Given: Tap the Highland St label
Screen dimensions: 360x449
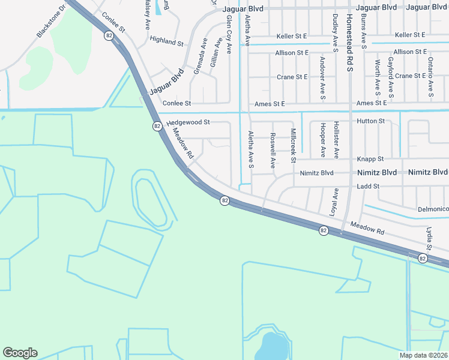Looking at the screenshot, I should pyautogui.click(x=166, y=43).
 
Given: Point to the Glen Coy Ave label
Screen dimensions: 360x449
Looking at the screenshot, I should pyautogui.click(x=229, y=35).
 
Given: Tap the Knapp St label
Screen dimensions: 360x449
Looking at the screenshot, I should pyautogui.click(x=370, y=159).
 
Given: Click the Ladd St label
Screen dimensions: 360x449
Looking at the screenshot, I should pyautogui.click(x=368, y=187).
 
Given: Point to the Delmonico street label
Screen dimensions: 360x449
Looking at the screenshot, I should pyautogui.click(x=433, y=209).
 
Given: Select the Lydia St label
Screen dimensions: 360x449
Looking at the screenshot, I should pyautogui.click(x=429, y=239).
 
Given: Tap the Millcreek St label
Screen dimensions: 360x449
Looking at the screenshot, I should pyautogui.click(x=294, y=145).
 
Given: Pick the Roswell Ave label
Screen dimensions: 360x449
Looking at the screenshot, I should pyautogui.click(x=273, y=149).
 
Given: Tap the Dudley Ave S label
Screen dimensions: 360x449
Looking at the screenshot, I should pyautogui.click(x=336, y=30).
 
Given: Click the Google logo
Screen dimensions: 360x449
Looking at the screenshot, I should pyautogui.click(x=20, y=353).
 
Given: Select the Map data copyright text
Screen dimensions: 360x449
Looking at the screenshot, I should pyautogui.click(x=424, y=355).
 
